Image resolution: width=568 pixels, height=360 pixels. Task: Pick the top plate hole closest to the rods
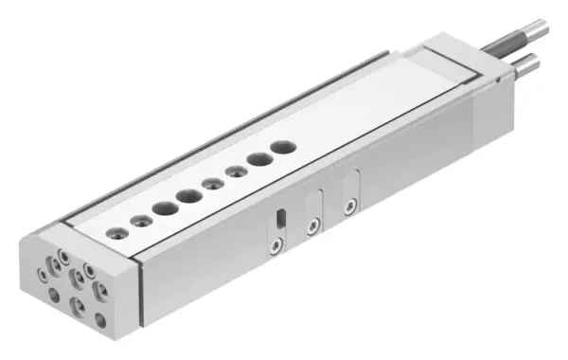click(x=282, y=148)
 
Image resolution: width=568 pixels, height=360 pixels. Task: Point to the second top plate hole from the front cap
click(x=141, y=220)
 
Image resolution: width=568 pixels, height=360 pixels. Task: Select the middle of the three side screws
click(x=313, y=225)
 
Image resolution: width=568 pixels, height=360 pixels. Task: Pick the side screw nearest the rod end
click(x=351, y=205)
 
